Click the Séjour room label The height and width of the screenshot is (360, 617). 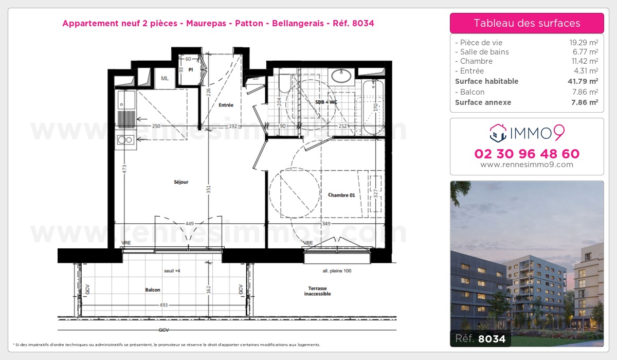[181, 182]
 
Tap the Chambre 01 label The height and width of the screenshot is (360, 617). [342, 195]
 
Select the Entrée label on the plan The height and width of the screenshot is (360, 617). [226, 105]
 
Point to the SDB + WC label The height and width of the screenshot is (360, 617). [326, 102]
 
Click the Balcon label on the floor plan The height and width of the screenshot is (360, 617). [153, 290]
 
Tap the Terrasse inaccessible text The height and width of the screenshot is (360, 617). [317, 291]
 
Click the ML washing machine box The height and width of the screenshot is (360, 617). [165, 78]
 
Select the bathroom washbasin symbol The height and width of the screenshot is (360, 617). [342, 76]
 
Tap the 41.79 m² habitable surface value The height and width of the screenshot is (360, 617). [586, 81]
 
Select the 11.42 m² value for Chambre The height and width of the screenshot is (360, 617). [587, 61]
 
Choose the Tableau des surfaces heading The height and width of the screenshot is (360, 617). [527, 23]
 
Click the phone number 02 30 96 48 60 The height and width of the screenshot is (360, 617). [527, 154]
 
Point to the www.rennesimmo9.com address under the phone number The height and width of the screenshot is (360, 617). [527, 165]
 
